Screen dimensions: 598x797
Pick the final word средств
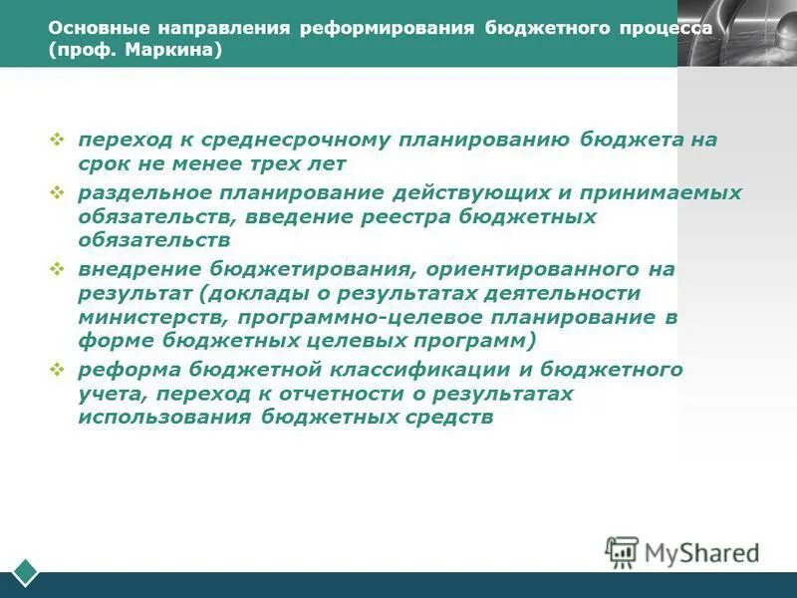coord(447,418)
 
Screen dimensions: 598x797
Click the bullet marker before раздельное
coord(57,190)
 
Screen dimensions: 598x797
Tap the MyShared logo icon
coord(622,552)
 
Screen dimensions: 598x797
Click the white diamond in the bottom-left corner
coord(24,572)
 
